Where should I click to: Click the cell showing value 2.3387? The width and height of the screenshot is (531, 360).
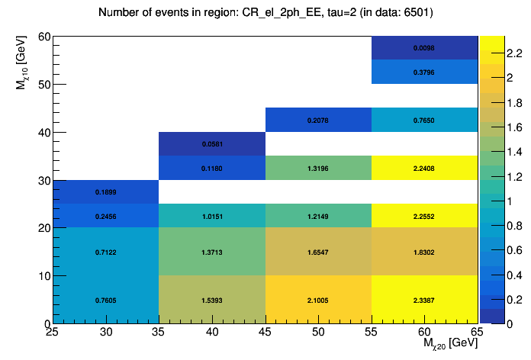(424, 300)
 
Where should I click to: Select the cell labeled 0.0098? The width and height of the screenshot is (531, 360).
(424, 47)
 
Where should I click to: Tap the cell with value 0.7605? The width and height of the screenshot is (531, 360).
(105, 300)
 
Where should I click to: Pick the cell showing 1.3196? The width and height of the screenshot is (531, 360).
(317, 168)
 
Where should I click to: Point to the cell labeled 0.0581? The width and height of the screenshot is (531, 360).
(211, 143)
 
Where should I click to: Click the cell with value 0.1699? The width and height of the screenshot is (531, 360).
(105, 192)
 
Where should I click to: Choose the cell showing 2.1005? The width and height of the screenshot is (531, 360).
(317, 300)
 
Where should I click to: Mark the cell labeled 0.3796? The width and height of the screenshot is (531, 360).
(424, 72)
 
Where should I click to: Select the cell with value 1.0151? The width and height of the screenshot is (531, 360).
(211, 216)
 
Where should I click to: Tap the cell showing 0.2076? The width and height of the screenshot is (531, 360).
(317, 120)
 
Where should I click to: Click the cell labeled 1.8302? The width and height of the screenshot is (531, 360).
(424, 252)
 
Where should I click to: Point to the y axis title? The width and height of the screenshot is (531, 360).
(23, 68)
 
